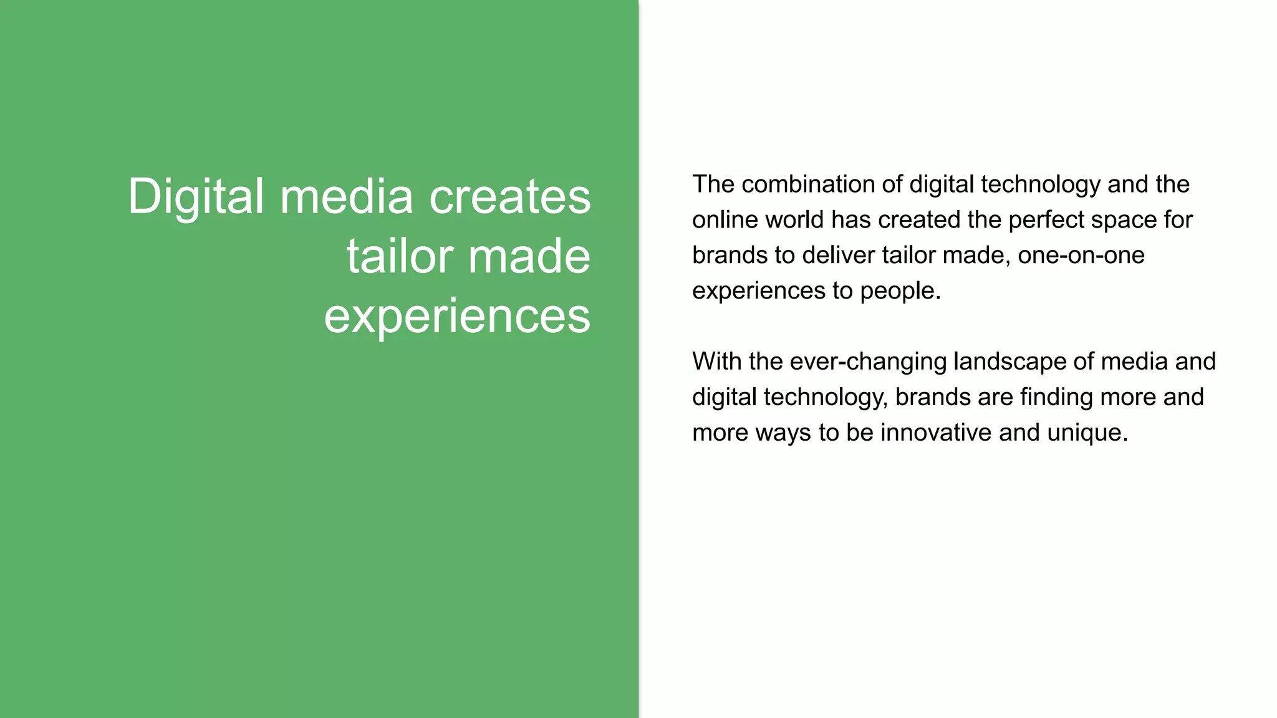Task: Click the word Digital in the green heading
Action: [196, 197]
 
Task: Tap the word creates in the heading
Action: [510, 197]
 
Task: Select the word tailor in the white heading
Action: [399, 256]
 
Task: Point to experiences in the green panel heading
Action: [457, 316]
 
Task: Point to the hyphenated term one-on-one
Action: [1081, 256]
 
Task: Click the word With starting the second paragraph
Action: [716, 361]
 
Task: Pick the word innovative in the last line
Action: [935, 433]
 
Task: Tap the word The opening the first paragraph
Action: [713, 184]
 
